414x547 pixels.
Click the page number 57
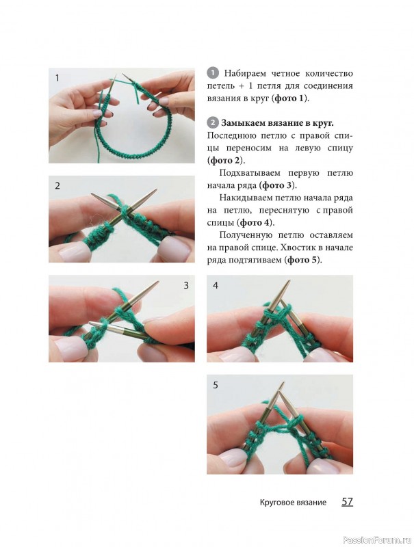tap(347, 502)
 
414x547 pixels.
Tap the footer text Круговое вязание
tap(293, 503)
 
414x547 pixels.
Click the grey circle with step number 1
tap(212, 73)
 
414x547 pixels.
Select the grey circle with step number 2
tap(212, 123)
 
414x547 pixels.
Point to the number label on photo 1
tap(57, 78)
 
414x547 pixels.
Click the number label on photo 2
tap(57, 185)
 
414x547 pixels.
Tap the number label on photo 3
tap(186, 285)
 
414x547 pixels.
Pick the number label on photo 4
tap(216, 285)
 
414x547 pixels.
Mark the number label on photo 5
tap(216, 385)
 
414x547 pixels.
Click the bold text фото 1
tap(289, 98)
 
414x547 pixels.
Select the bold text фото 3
tap(277, 185)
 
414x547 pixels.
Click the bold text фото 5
tap(302, 260)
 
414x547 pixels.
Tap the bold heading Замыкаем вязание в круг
tap(277, 123)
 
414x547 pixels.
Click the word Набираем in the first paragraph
tap(246, 74)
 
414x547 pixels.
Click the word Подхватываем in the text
tap(250, 174)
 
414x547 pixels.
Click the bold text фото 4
tap(255, 223)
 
